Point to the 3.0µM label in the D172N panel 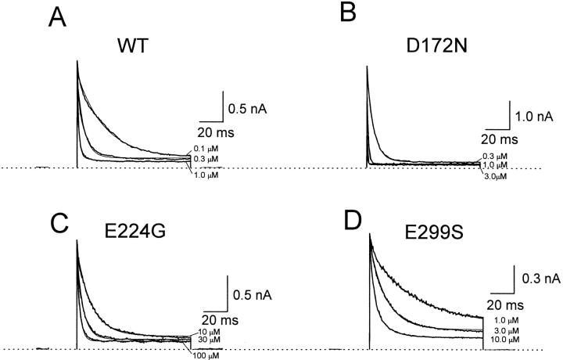coord(496,178)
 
